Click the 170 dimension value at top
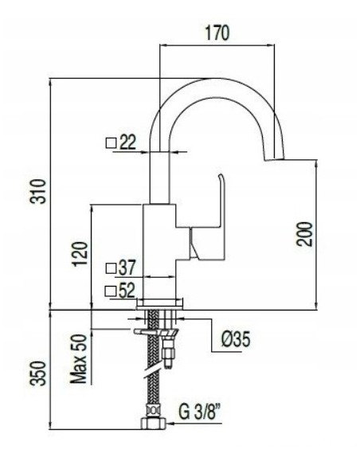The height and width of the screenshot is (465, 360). tap(217, 33)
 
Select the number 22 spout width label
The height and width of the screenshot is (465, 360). tap(128, 143)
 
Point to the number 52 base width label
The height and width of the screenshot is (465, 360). tap(127, 291)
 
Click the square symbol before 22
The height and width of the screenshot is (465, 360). tap(112, 143)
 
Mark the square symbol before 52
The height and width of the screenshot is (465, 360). tap(111, 291)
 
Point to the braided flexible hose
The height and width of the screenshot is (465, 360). tap(151, 382)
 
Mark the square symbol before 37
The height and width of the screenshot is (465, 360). tap(111, 267)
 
